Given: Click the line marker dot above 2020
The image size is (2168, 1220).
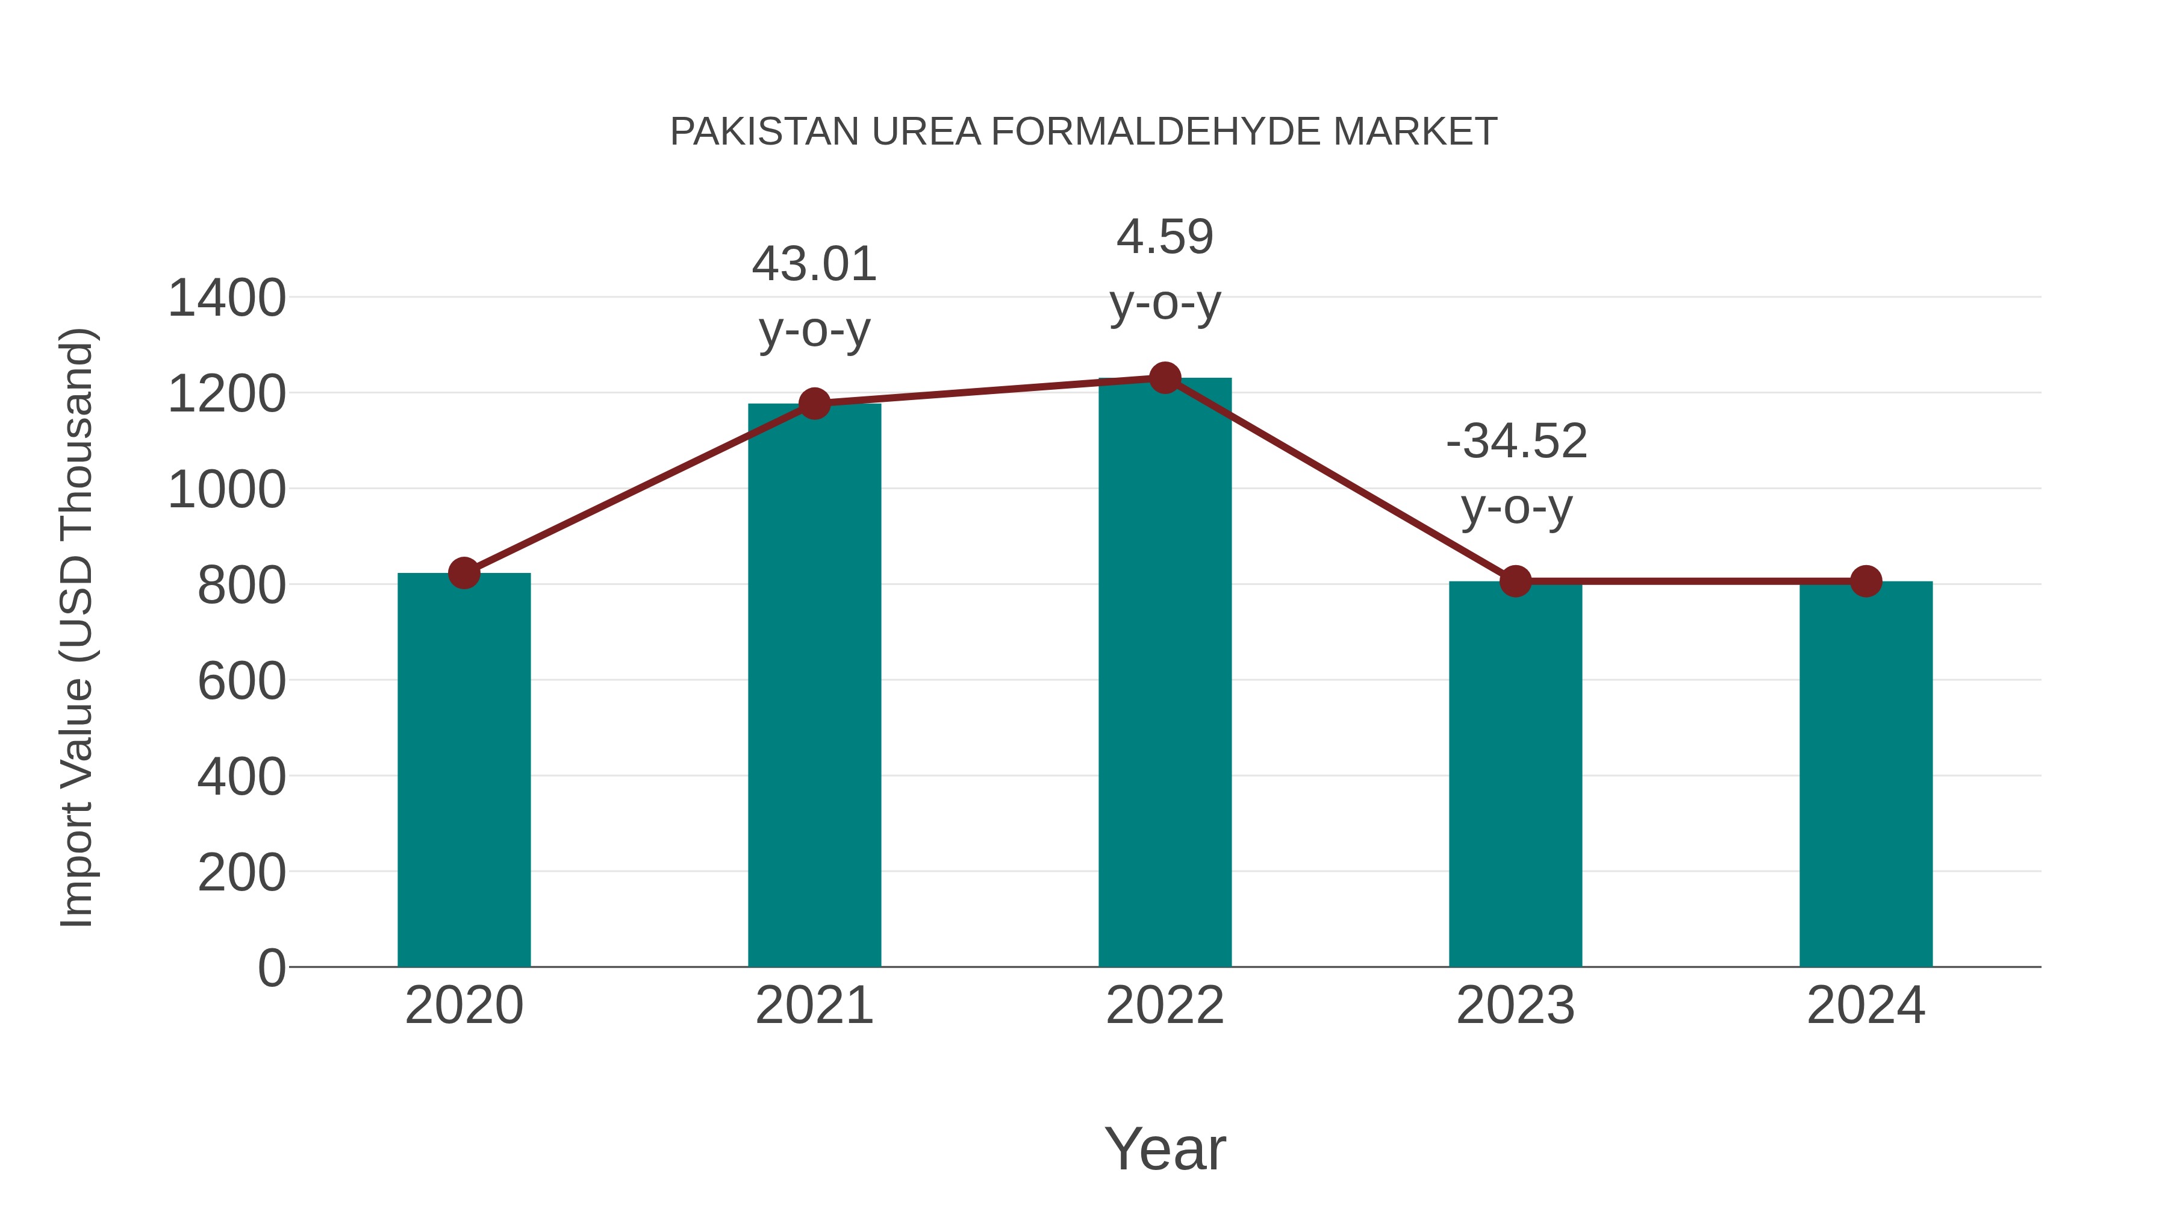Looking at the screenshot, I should tap(464, 574).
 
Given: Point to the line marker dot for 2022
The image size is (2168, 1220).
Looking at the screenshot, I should tap(1165, 378).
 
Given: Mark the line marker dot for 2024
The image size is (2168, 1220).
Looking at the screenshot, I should tap(1866, 581).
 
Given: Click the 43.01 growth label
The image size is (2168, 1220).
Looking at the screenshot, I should tap(814, 264).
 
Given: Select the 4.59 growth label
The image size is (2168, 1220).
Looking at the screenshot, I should tap(1165, 237).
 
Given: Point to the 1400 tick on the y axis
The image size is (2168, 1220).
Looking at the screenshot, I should tap(226, 298).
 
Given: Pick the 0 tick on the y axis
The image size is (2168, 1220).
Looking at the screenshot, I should tap(271, 968).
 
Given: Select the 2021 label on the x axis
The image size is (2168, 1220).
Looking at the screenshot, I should tap(814, 1006).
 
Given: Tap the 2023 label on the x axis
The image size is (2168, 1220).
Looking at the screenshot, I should tap(1515, 1006).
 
